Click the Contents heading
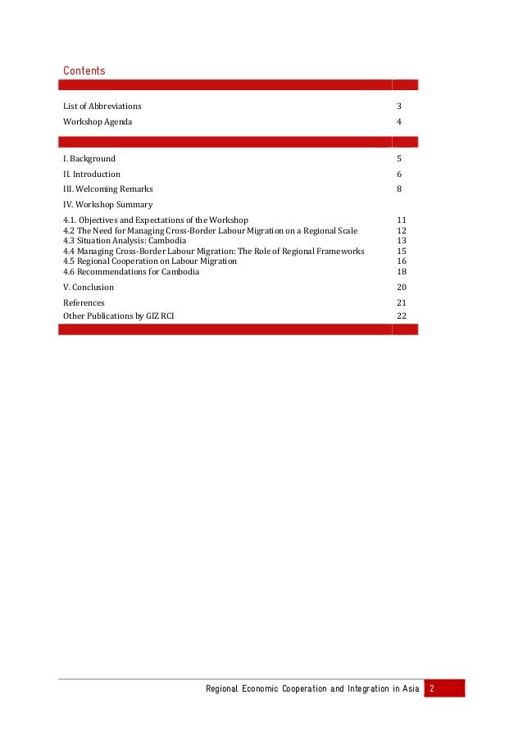click(x=84, y=71)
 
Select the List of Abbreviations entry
click(x=102, y=106)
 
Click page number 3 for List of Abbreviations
click(x=399, y=106)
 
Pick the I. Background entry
click(x=89, y=158)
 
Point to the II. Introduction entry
click(x=92, y=174)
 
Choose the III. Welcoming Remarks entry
click(x=108, y=188)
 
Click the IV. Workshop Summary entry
click(x=108, y=204)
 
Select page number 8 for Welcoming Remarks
click(x=399, y=188)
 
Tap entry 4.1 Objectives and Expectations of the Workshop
click(x=156, y=220)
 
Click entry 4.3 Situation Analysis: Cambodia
click(x=125, y=241)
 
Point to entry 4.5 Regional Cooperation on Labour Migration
click(x=150, y=261)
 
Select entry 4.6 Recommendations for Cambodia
click(x=131, y=271)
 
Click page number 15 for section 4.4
click(x=402, y=251)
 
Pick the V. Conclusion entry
click(x=89, y=287)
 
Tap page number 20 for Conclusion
click(x=402, y=287)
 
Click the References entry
click(x=84, y=302)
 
